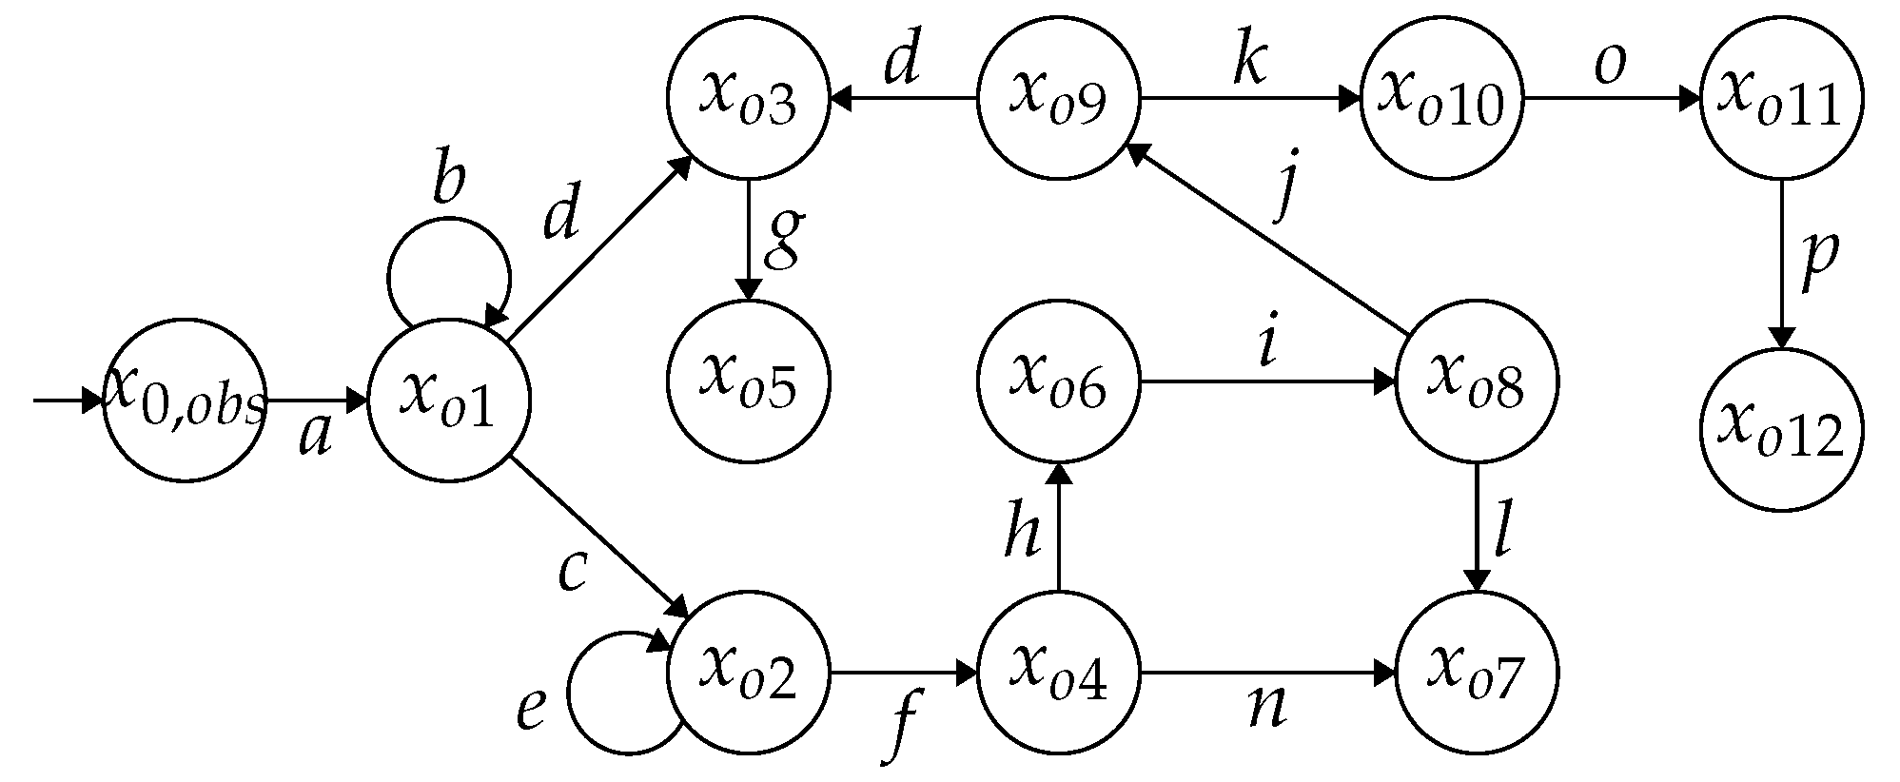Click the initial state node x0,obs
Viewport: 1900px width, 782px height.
coord(185,400)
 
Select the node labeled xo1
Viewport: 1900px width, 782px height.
coord(449,400)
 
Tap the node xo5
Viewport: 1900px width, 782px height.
coord(749,381)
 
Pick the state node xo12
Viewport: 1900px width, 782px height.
coord(1781,430)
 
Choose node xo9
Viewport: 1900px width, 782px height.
coord(1058,98)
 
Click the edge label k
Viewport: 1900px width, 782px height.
coord(1248,65)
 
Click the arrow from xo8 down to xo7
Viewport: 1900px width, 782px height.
coord(1476,528)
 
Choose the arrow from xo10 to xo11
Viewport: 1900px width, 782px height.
coord(1610,98)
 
